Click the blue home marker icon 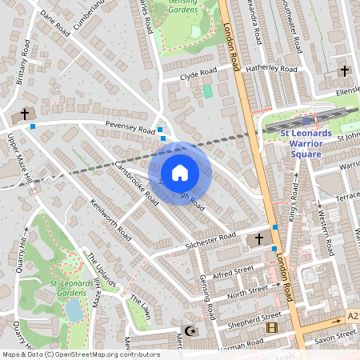[x=180, y=173]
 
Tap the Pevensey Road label [x=130, y=128]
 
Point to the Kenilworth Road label [x=111, y=220]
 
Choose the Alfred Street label [x=234, y=272]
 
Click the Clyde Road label [x=198, y=74]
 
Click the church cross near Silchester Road [x=258, y=239]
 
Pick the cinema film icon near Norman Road [x=272, y=328]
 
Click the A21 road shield [x=353, y=317]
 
